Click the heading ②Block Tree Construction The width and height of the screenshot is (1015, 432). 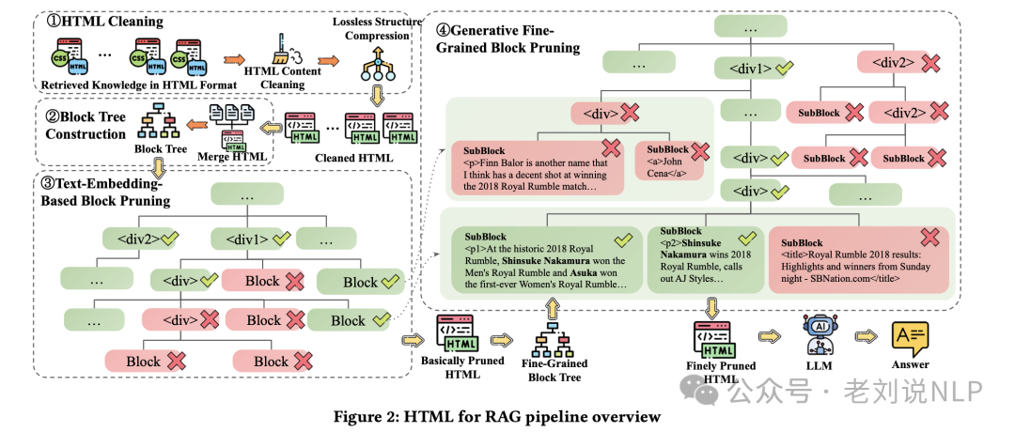[x=86, y=126]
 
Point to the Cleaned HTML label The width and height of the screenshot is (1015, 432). [x=350, y=158]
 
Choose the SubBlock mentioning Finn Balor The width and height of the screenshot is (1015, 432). [x=536, y=167]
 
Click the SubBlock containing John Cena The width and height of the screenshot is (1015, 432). [x=668, y=162]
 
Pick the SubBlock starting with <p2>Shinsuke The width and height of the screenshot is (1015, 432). [x=705, y=255]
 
